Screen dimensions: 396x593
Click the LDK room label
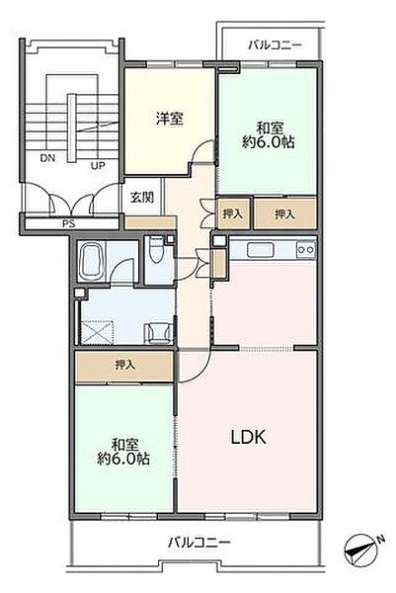[x=248, y=437]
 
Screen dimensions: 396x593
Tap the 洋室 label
[x=170, y=119]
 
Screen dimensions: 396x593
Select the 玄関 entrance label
[x=142, y=197]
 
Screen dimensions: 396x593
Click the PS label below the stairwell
[x=69, y=223]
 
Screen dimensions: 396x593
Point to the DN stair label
[x=47, y=158]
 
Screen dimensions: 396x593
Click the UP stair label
[x=98, y=165]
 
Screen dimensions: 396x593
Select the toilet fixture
[x=155, y=250]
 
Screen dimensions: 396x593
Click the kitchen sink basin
[x=261, y=250]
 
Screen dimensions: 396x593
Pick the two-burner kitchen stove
[x=306, y=249]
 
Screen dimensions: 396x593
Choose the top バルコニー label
[x=276, y=45]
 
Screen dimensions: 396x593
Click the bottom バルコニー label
[x=198, y=543]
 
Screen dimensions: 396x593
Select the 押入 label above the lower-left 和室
[x=124, y=365]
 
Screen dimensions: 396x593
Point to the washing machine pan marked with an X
[x=98, y=332]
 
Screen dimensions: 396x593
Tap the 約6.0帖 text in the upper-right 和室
[x=269, y=142]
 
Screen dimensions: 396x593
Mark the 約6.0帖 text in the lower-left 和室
[x=123, y=459]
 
